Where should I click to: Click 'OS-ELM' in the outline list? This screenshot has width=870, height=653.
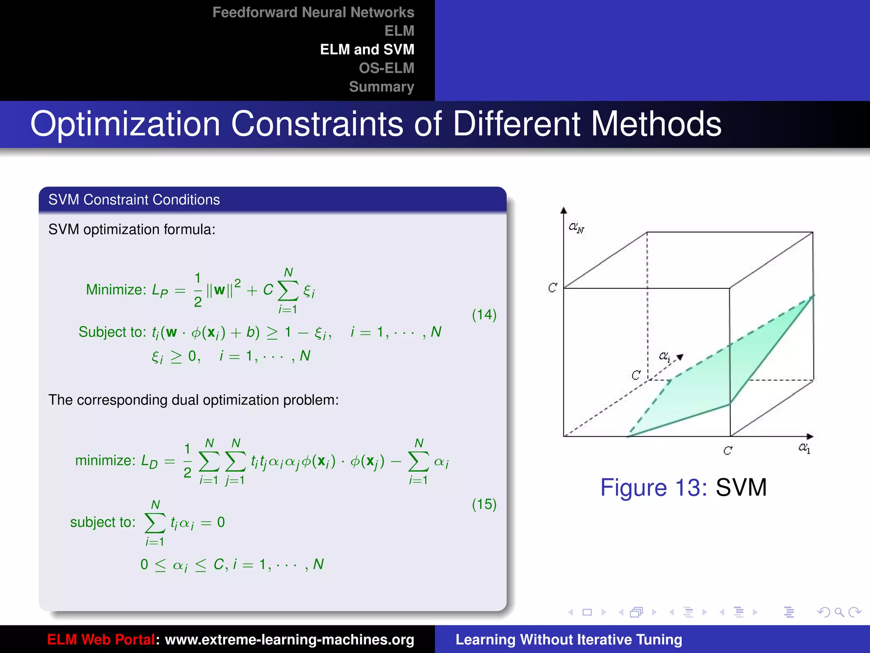pyautogui.click(x=386, y=68)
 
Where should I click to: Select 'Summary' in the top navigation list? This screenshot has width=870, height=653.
pyautogui.click(x=381, y=87)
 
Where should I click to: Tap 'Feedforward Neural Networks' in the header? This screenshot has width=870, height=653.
pyautogui.click(x=313, y=12)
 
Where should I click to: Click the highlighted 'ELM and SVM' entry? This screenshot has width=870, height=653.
pyautogui.click(x=367, y=49)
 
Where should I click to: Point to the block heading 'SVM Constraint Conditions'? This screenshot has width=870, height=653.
pyautogui.click(x=134, y=200)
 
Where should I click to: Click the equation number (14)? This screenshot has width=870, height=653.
pyautogui.click(x=484, y=315)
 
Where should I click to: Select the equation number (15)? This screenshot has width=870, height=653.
pyautogui.click(x=484, y=504)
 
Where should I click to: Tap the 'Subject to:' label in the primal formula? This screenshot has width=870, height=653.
pyautogui.click(x=112, y=332)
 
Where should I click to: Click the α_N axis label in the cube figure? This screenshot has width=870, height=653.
pyautogui.click(x=576, y=228)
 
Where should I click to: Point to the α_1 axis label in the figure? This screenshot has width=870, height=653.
pyautogui.click(x=804, y=448)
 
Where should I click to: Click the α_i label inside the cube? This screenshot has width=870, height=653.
pyautogui.click(x=664, y=356)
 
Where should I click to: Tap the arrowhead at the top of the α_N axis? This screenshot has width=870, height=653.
pyautogui.click(x=564, y=210)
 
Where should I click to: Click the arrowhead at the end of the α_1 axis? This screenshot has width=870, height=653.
pyautogui.click(x=810, y=437)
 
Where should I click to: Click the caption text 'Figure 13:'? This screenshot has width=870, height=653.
pyautogui.click(x=653, y=487)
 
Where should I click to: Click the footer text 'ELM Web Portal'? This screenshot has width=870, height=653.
pyautogui.click(x=101, y=639)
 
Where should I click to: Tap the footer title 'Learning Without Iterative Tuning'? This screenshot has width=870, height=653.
pyautogui.click(x=568, y=639)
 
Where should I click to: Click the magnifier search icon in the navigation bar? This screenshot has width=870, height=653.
pyautogui.click(x=839, y=612)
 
